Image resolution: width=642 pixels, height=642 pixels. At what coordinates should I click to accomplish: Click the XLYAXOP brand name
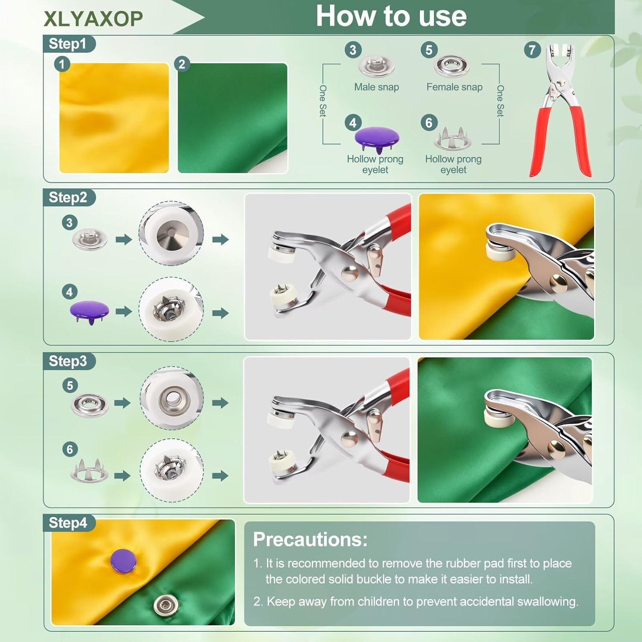(93, 18)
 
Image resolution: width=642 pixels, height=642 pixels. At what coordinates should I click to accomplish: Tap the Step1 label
(68, 44)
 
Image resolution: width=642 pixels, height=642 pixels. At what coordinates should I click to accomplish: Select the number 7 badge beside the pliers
(532, 50)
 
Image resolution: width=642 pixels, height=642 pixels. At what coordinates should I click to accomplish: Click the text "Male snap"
(377, 87)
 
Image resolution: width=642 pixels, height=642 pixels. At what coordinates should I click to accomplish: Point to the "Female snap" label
(455, 87)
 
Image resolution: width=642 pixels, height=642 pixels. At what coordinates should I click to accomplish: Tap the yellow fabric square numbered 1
(114, 118)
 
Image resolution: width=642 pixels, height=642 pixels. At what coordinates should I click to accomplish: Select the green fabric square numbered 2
(232, 118)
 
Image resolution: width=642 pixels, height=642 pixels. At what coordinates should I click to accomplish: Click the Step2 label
(68, 197)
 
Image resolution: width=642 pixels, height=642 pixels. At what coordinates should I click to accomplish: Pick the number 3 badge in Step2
(70, 223)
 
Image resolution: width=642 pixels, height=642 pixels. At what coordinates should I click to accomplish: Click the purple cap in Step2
(89, 311)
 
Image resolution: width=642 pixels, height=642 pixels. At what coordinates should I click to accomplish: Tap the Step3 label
(68, 361)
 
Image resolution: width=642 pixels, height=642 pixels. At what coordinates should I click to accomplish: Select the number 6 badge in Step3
(70, 449)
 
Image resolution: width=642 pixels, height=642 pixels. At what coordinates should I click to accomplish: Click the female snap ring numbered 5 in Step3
(89, 404)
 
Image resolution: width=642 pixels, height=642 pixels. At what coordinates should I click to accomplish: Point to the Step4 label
(68, 523)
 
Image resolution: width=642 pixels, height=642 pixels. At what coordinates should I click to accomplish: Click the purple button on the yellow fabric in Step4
(123, 561)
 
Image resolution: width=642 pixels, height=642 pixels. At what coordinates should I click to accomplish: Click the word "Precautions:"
(310, 539)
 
